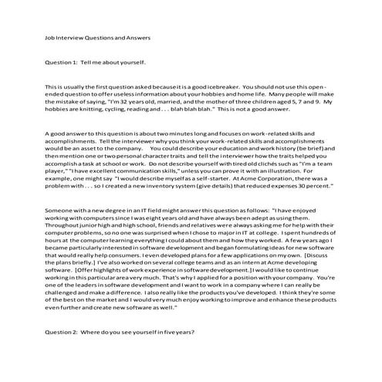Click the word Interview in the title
(x=70, y=37)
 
